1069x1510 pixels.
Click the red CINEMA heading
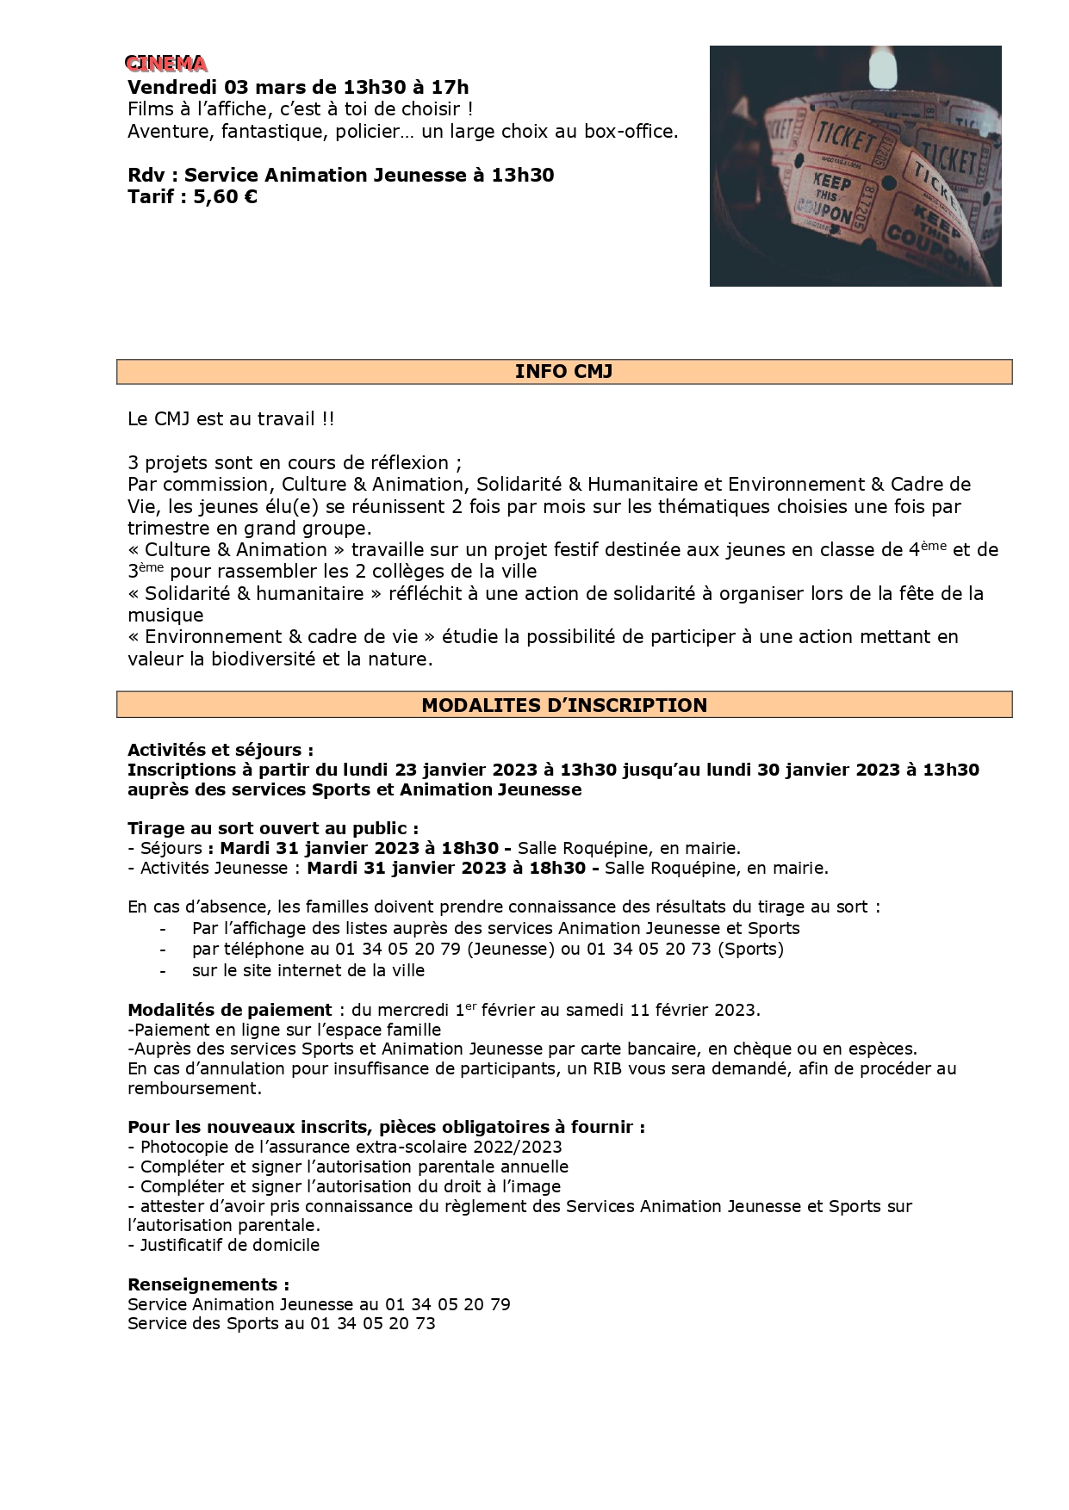coord(165,64)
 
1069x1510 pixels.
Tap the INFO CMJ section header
coord(563,371)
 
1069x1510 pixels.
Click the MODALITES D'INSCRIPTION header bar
coord(563,705)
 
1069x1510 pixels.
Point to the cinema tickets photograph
coord(855,165)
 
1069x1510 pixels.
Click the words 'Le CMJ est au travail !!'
coord(231,419)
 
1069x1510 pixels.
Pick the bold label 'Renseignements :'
coord(208,1284)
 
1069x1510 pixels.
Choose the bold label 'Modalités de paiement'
coord(229,1009)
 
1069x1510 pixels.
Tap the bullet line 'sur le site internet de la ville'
coord(308,970)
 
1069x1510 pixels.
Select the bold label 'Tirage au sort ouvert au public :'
coord(273,828)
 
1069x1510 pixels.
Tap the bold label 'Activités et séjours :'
coord(221,750)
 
